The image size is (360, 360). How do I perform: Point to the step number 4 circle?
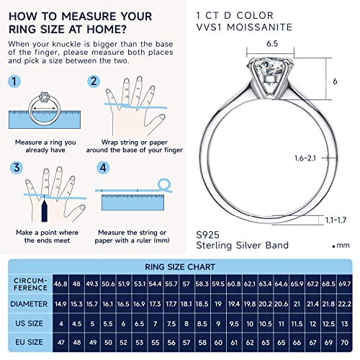[104, 167]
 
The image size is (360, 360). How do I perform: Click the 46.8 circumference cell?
[60, 286]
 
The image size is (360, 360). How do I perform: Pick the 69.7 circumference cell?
[345, 286]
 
